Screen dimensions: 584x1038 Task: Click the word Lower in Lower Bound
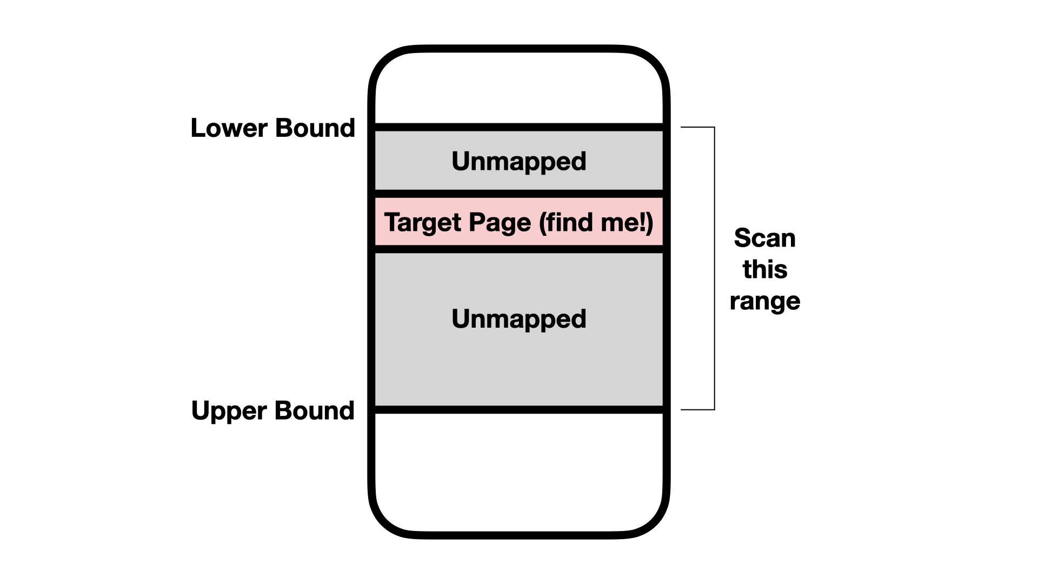(x=229, y=128)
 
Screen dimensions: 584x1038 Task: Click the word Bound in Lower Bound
(x=315, y=128)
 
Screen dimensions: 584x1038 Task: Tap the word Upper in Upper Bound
(x=230, y=410)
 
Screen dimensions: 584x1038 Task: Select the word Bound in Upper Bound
(x=315, y=410)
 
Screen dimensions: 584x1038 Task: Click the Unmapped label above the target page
(x=518, y=161)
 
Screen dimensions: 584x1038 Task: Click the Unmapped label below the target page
(x=518, y=318)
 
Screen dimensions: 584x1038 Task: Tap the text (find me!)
(x=596, y=222)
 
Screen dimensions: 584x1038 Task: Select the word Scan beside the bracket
(x=764, y=238)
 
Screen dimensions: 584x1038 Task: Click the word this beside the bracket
(x=764, y=269)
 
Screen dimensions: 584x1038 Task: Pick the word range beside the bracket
(x=764, y=301)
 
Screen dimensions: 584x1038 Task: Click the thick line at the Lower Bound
(x=518, y=127)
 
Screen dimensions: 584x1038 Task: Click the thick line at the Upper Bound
(x=518, y=410)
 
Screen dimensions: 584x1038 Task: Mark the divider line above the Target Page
(x=518, y=194)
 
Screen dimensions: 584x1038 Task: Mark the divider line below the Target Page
(x=518, y=249)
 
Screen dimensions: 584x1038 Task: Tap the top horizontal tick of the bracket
(x=697, y=128)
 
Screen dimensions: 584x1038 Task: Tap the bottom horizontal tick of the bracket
(x=697, y=409)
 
